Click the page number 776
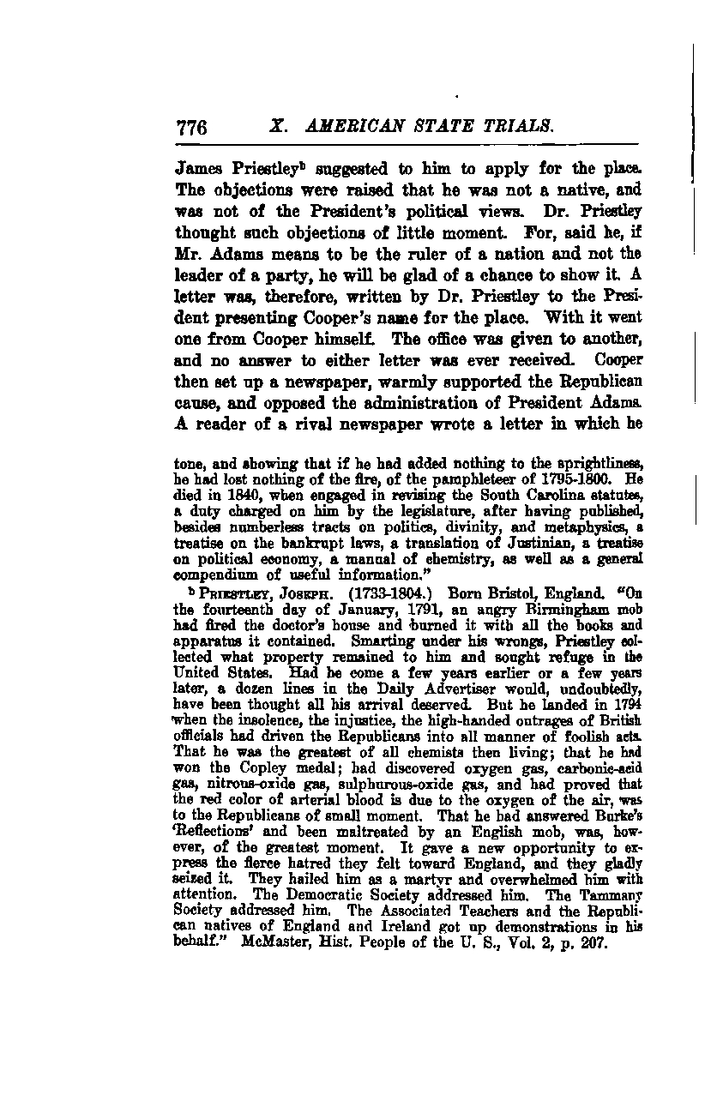point(193,129)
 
